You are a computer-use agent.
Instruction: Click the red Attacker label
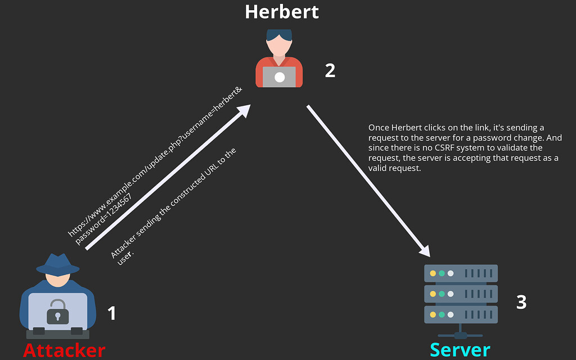tap(64, 350)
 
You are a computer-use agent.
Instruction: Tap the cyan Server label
tap(460, 350)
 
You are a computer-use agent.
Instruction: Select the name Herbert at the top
tap(281, 12)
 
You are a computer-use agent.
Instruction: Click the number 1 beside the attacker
tap(111, 313)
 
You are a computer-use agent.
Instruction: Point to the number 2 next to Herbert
tap(330, 70)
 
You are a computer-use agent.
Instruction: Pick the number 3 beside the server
tap(521, 302)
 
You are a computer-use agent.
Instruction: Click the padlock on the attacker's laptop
tap(57, 311)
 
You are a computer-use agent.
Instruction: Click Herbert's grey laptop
tap(279, 77)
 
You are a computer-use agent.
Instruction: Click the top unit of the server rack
tap(460, 273)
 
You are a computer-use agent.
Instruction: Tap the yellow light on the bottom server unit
tap(433, 314)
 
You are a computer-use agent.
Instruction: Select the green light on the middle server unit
tap(442, 294)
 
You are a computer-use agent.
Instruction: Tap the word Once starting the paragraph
tap(379, 128)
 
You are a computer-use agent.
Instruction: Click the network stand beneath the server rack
tap(460, 332)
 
